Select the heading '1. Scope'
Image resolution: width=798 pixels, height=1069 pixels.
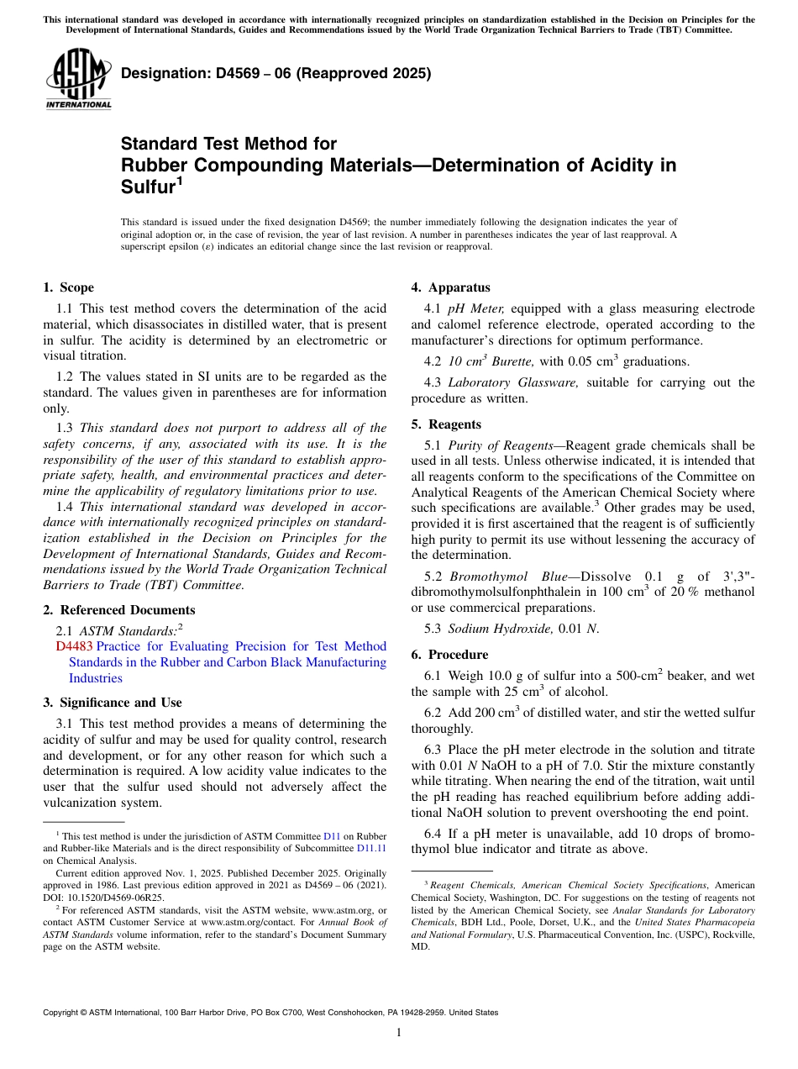pos(69,287)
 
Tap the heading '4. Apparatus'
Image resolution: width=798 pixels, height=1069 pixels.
pos(450,287)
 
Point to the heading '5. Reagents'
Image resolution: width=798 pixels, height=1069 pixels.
pos(446,424)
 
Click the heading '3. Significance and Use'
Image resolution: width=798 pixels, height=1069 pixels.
pos(112,703)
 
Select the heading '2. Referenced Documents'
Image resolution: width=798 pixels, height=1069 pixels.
pos(118,610)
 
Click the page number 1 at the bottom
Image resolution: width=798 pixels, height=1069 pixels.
pos(399,1033)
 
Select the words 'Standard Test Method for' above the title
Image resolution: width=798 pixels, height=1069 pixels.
pos(228,144)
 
